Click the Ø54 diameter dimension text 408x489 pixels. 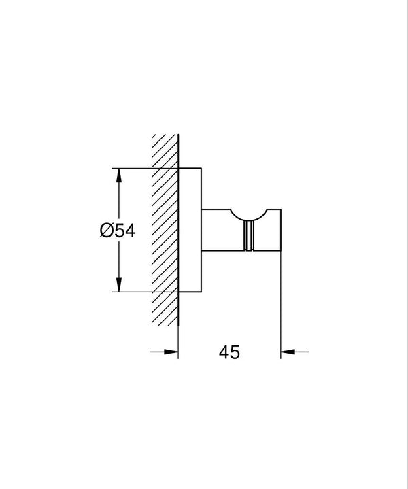pyautogui.click(x=118, y=231)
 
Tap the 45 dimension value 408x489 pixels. pyautogui.click(x=229, y=352)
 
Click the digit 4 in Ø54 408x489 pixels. pyautogui.click(x=130, y=231)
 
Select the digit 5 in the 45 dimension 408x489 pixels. pyautogui.click(x=235, y=352)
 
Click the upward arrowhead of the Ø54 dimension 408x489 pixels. pyautogui.click(x=119, y=175)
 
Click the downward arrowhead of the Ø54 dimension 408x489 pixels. pyautogui.click(x=119, y=286)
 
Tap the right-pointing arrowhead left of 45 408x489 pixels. pyautogui.click(x=171, y=352)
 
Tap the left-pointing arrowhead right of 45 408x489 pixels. pyautogui.click(x=288, y=352)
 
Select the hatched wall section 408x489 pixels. pyautogui.click(x=164, y=231)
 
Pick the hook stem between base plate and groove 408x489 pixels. pyautogui.click(x=222, y=231)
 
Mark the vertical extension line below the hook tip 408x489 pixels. pyautogui.click(x=281, y=306)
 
